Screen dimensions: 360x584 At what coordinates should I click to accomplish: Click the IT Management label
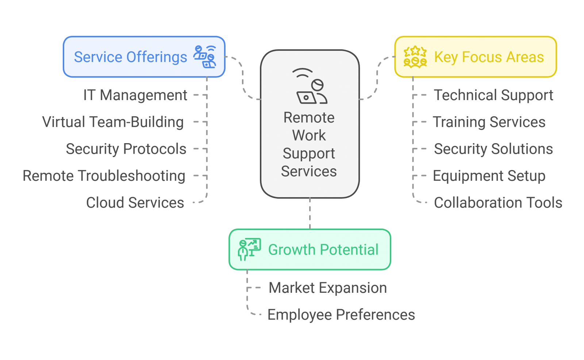(x=135, y=95)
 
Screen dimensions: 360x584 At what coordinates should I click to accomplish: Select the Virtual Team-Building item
(x=113, y=122)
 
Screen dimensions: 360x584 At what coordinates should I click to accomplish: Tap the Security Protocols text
(x=126, y=149)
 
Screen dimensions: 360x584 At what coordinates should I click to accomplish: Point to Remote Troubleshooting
(x=104, y=176)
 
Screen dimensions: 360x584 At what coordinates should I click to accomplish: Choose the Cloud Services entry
(x=135, y=203)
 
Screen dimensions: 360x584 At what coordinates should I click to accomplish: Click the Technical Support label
(x=493, y=95)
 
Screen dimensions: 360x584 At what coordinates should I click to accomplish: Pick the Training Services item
(x=489, y=122)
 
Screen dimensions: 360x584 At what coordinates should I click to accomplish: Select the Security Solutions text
(x=493, y=149)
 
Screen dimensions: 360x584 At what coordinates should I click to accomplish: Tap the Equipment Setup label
(x=489, y=176)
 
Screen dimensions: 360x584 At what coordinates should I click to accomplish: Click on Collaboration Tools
(x=498, y=203)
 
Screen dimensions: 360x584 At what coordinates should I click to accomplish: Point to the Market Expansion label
(x=327, y=288)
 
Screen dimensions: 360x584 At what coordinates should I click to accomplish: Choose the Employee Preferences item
(x=341, y=315)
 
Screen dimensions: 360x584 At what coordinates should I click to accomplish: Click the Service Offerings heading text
(x=130, y=57)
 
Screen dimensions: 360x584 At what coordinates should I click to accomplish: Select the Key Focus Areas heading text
(x=489, y=57)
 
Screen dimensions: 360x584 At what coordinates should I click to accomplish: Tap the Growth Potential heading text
(x=323, y=250)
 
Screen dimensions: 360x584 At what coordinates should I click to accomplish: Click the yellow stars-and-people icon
(x=415, y=57)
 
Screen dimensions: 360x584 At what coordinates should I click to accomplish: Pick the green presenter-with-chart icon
(x=249, y=249)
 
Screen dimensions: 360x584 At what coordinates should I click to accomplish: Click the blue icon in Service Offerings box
(x=205, y=57)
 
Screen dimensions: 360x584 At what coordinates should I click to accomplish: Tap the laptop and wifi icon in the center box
(x=310, y=87)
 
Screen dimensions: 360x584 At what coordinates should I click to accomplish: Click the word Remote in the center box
(x=309, y=118)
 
